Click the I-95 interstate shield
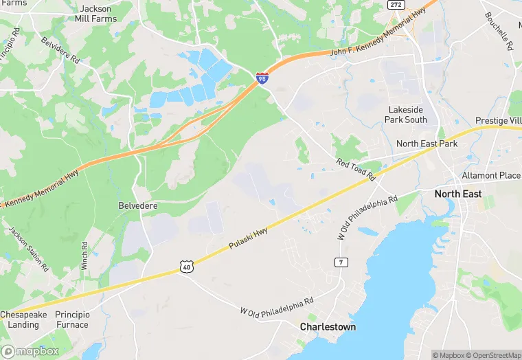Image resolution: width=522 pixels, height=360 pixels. [262, 79]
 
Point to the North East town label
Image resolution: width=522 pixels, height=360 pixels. [458, 194]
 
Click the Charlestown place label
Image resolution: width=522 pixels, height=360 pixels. [328, 327]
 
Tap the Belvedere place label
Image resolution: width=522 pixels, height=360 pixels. [137, 205]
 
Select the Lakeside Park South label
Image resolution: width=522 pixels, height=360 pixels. [407, 115]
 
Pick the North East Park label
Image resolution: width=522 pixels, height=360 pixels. [427, 144]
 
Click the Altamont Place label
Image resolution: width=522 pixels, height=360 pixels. [490, 176]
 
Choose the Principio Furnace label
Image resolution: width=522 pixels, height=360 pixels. [72, 319]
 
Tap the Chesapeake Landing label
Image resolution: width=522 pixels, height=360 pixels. [23, 319]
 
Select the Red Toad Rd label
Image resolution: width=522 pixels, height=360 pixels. [356, 170]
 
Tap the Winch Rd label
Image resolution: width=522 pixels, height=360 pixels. [84, 255]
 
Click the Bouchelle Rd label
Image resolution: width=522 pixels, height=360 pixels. [499, 32]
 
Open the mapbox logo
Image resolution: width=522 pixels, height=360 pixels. [30, 351]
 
